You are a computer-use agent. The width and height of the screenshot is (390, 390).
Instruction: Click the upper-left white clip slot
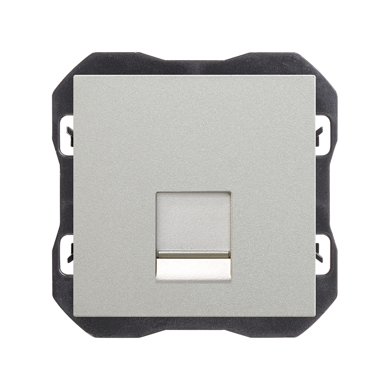[66, 132]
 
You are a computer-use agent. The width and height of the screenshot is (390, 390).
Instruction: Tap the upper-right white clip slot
[323, 132]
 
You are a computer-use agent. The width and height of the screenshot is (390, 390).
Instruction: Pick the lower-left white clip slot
[66, 254]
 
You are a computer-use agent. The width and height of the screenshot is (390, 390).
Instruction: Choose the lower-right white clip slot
[323, 254]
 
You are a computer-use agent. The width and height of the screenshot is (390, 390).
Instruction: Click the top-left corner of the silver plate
[75, 77]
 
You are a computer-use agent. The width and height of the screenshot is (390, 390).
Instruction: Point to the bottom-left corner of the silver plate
[75, 316]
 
